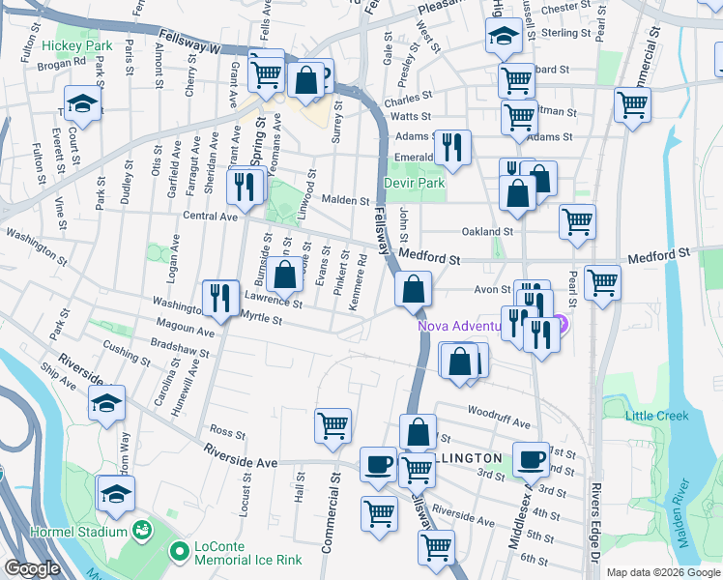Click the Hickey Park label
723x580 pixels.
77,45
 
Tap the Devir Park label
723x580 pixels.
413,182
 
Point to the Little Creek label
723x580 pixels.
656,416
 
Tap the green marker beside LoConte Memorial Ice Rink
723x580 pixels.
179,552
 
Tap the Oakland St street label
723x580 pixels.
486,232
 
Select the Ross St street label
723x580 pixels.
227,431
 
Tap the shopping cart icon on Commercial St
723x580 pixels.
333,424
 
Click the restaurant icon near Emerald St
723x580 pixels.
452,146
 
